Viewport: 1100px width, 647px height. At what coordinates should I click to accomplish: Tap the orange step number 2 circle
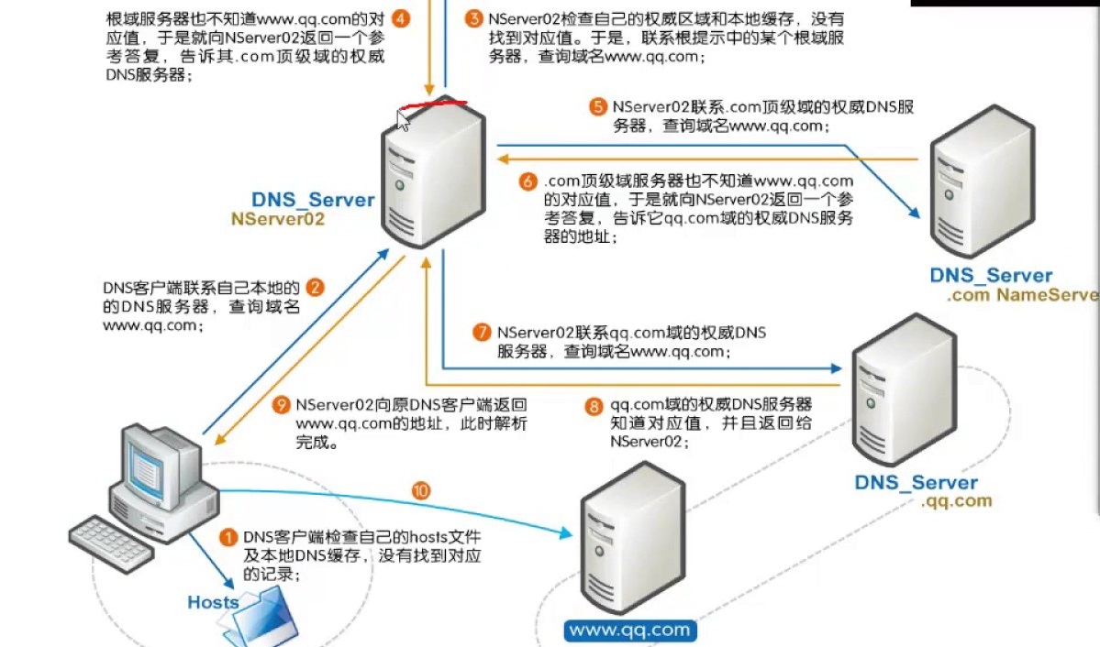(x=315, y=288)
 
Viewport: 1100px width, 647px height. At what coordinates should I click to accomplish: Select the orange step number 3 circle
(x=473, y=18)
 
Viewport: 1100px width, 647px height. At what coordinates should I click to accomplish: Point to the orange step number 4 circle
(x=400, y=18)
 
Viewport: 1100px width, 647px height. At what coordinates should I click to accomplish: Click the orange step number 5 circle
(x=596, y=107)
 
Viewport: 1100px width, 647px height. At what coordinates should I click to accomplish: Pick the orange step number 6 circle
(x=527, y=181)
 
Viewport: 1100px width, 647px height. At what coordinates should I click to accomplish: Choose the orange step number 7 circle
(x=482, y=332)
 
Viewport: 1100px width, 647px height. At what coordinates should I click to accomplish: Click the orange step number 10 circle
(x=421, y=491)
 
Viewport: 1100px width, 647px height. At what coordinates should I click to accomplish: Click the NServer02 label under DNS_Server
(x=277, y=219)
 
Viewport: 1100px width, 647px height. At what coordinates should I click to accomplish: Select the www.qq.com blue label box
(x=630, y=631)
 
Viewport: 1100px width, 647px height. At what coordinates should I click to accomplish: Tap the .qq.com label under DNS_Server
(x=956, y=501)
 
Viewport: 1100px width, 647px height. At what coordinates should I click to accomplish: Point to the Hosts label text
(x=213, y=602)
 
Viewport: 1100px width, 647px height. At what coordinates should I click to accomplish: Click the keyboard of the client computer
(x=111, y=540)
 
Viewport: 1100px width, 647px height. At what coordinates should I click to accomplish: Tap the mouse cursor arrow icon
(x=402, y=121)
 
